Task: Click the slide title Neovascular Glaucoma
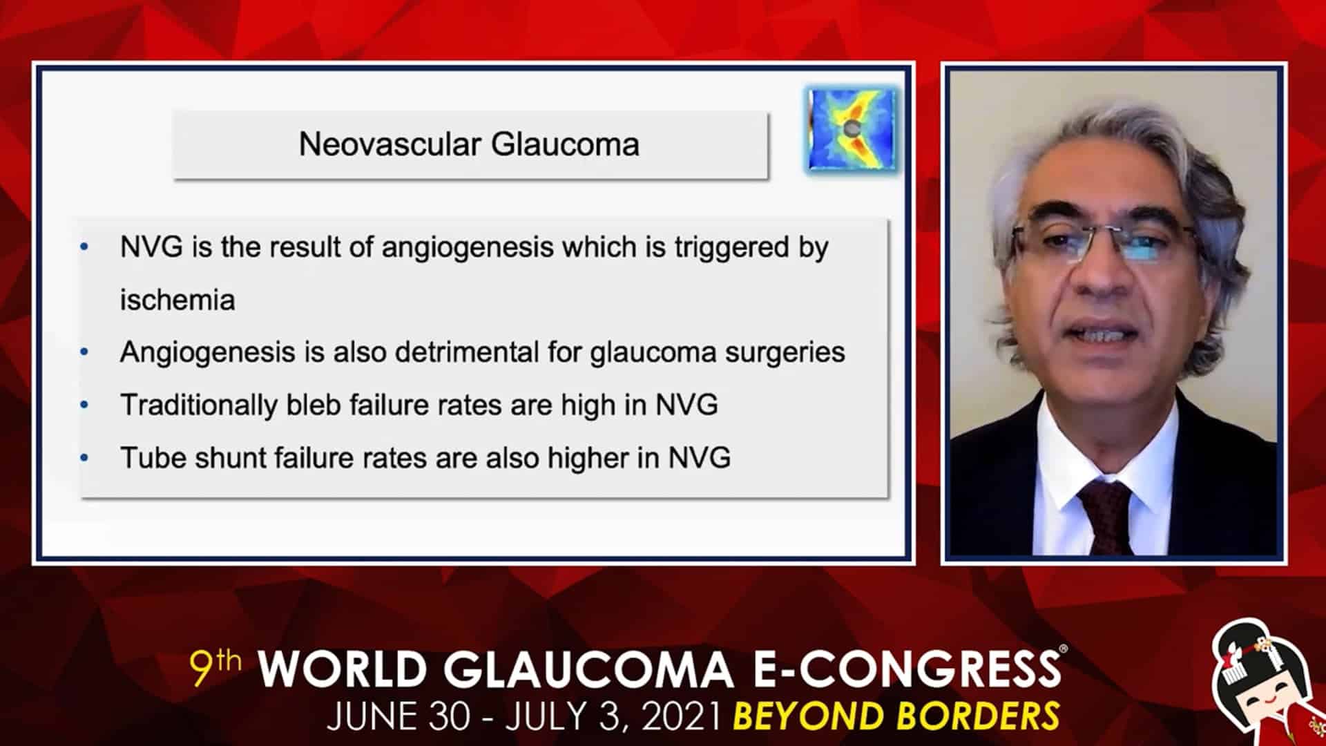pos(469,144)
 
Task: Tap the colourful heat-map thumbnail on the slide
pos(852,129)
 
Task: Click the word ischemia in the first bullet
pos(177,300)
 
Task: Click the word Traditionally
pos(199,405)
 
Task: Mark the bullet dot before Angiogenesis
pos(84,352)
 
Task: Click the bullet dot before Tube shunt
pos(84,457)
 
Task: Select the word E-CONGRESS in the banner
pos(905,669)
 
